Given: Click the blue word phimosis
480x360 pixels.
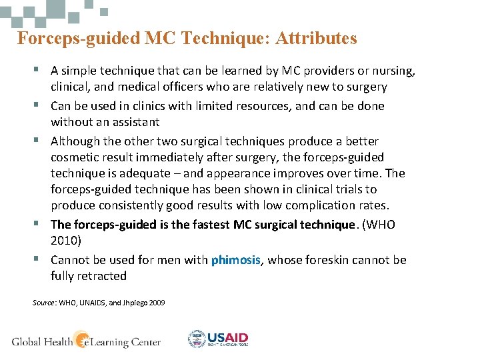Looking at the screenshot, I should pyautogui.click(x=236, y=260).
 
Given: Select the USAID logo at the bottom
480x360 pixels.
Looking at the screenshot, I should pyautogui.click(x=218, y=339).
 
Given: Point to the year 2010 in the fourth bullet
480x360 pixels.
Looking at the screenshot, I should pyautogui.click(x=65, y=241).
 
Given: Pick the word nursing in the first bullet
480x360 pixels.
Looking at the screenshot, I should pyautogui.click(x=393, y=71).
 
